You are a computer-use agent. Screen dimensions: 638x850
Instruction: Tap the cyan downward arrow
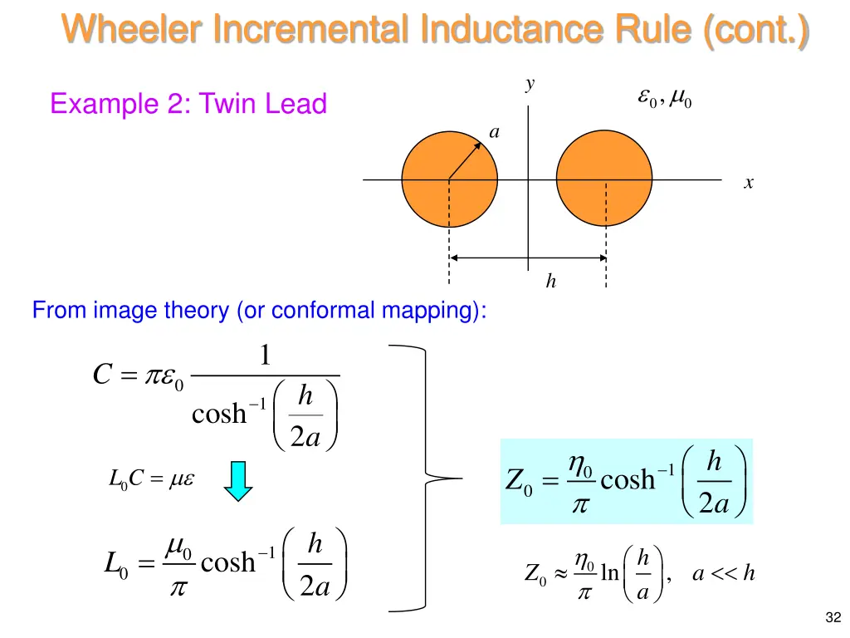point(239,481)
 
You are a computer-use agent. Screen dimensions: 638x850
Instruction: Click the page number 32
point(833,616)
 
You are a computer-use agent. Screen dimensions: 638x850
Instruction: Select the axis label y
point(530,84)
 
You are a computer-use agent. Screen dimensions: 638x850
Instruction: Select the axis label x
point(749,184)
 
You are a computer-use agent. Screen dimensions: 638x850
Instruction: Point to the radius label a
point(495,132)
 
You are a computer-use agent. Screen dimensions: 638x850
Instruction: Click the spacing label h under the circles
point(550,282)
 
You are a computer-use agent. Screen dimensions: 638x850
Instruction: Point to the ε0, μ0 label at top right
point(664,100)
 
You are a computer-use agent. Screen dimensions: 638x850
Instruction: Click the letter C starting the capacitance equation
point(103,376)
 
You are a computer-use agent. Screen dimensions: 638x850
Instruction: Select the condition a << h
point(723,572)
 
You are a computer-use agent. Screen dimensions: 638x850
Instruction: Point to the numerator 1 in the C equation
point(264,356)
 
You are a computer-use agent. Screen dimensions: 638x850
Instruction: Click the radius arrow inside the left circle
point(467,159)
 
